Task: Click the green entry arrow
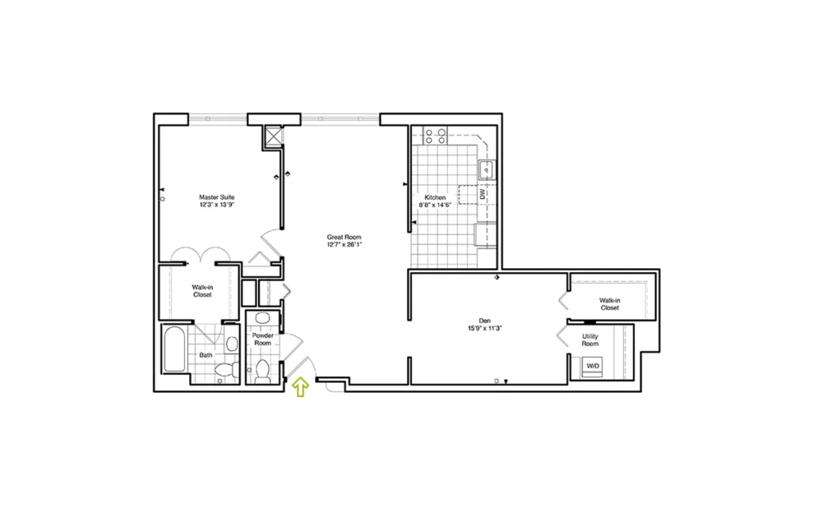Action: [301, 387]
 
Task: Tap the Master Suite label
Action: [217, 197]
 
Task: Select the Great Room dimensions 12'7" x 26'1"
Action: [345, 244]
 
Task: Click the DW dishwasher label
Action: [482, 194]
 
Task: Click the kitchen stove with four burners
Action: [435, 136]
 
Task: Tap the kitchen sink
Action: [487, 170]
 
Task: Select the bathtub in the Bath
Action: [175, 349]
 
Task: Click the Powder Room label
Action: [263, 339]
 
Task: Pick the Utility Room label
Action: [590, 340]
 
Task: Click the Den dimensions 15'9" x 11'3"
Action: [485, 328]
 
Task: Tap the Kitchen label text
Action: [435, 198]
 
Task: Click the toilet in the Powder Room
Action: [262, 371]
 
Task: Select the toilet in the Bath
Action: [227, 370]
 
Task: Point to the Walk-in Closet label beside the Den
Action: [610, 304]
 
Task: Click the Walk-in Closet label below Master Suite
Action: [202, 291]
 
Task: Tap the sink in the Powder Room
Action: [262, 318]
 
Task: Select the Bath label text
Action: [206, 355]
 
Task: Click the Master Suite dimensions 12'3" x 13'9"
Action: [217, 205]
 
